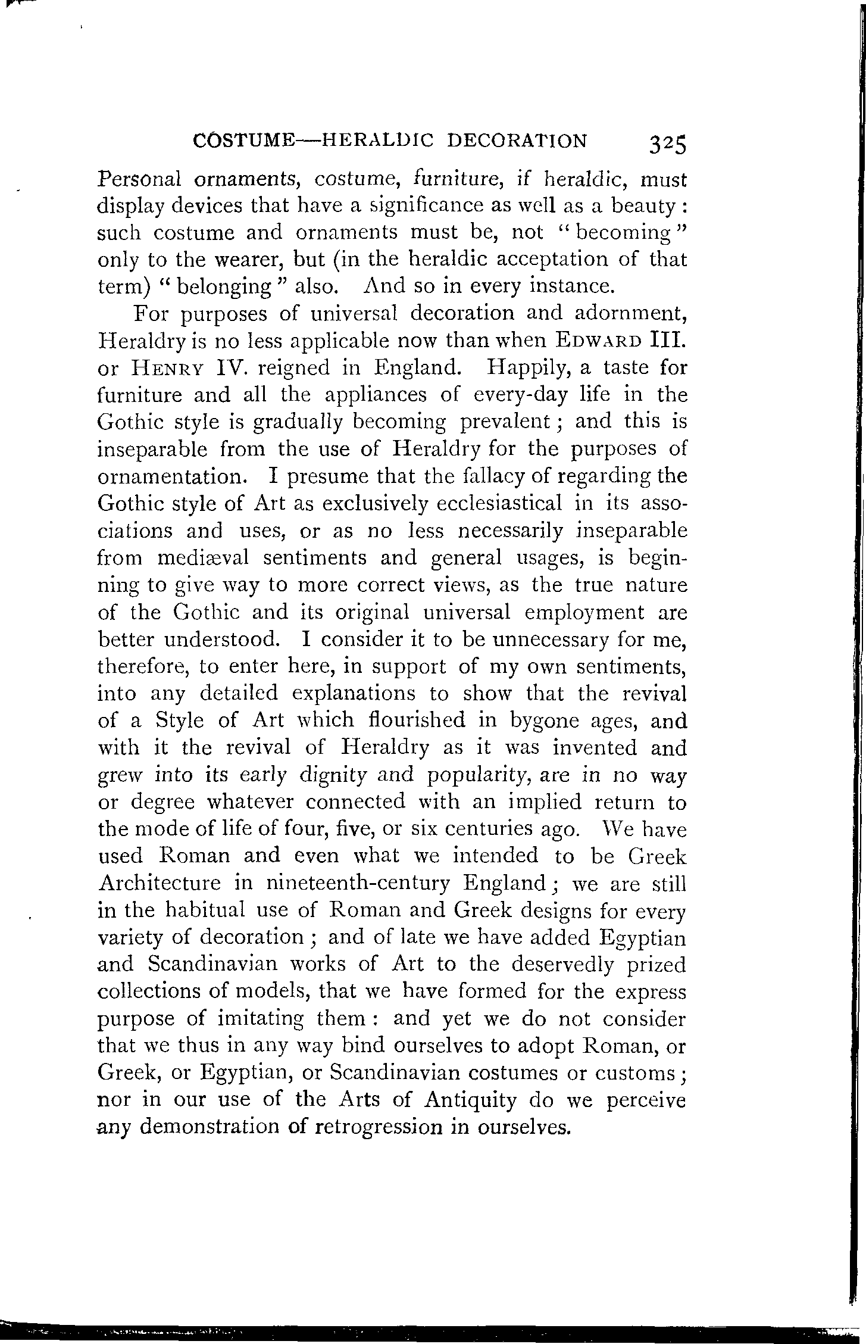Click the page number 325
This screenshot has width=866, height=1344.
(668, 144)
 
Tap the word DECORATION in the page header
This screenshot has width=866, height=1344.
(517, 141)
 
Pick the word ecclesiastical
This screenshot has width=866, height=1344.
(499, 504)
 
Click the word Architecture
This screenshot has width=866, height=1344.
(159, 883)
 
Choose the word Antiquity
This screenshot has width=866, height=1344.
(471, 1099)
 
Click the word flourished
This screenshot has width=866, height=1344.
(415, 721)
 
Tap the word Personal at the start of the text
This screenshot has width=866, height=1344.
(135, 179)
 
